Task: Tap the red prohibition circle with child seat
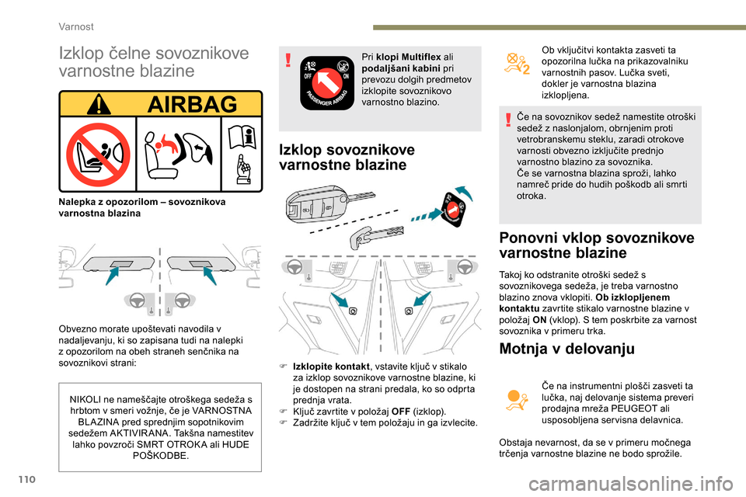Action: pos(97,154)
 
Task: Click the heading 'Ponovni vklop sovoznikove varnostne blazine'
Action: pos(597,245)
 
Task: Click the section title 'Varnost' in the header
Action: pos(77,26)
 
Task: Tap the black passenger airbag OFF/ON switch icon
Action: pos(326,82)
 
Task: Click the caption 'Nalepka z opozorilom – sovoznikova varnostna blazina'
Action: pos(142,207)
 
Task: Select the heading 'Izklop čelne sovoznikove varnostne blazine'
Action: pos(154,62)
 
